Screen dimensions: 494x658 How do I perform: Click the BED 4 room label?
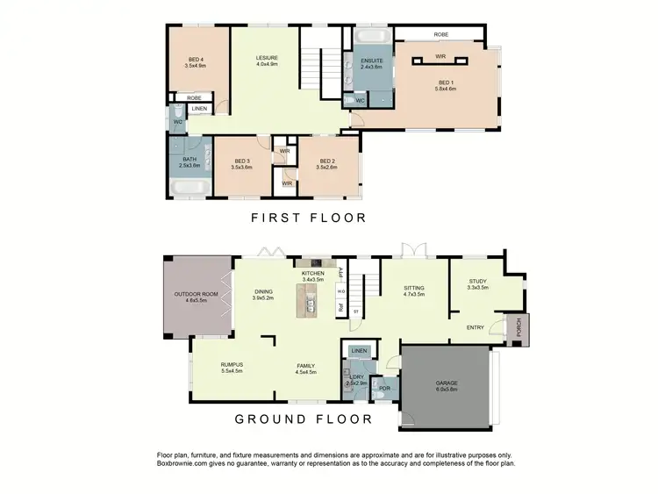[x=194, y=61]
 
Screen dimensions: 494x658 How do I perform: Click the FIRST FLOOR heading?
[x=308, y=218]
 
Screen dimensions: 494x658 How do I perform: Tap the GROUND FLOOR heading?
[x=304, y=419]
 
